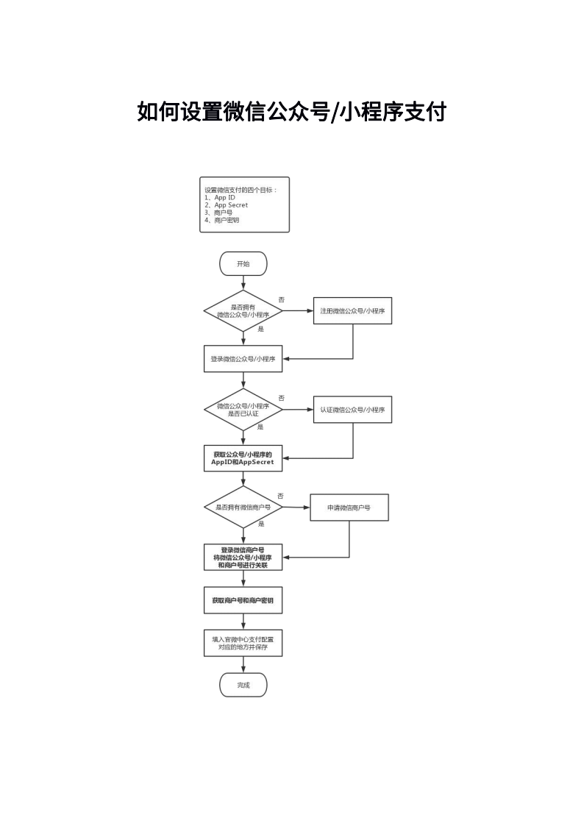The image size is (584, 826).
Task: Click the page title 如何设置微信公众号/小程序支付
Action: [x=292, y=112]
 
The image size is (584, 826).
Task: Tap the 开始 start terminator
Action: [x=243, y=264]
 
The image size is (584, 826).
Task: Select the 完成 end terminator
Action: [x=243, y=686]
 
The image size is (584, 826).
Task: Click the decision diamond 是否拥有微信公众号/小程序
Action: [x=243, y=311]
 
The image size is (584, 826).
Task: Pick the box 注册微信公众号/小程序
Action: [x=353, y=311]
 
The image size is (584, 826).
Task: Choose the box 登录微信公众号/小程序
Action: [x=243, y=359]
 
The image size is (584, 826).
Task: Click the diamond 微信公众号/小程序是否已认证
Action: [x=243, y=409]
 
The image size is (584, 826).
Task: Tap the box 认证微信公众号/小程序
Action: [x=353, y=409]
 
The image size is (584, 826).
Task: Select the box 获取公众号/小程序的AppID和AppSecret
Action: [x=243, y=458]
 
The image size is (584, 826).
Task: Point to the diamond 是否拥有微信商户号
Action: [x=243, y=508]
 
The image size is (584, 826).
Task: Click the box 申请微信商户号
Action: [x=349, y=508]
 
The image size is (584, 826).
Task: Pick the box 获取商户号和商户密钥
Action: [x=243, y=600]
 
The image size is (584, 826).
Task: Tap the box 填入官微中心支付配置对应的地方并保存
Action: [x=243, y=643]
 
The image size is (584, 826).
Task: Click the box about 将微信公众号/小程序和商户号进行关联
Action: [x=243, y=557]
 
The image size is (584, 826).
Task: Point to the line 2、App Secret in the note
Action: [x=226, y=205]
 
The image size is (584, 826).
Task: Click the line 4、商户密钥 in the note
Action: [x=221, y=220]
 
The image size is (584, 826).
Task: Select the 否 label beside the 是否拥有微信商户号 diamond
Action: [x=280, y=496]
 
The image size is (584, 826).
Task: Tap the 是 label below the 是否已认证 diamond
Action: [x=260, y=427]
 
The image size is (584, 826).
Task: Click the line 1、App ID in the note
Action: [x=220, y=198]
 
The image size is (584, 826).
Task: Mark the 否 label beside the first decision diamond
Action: [x=281, y=299]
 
